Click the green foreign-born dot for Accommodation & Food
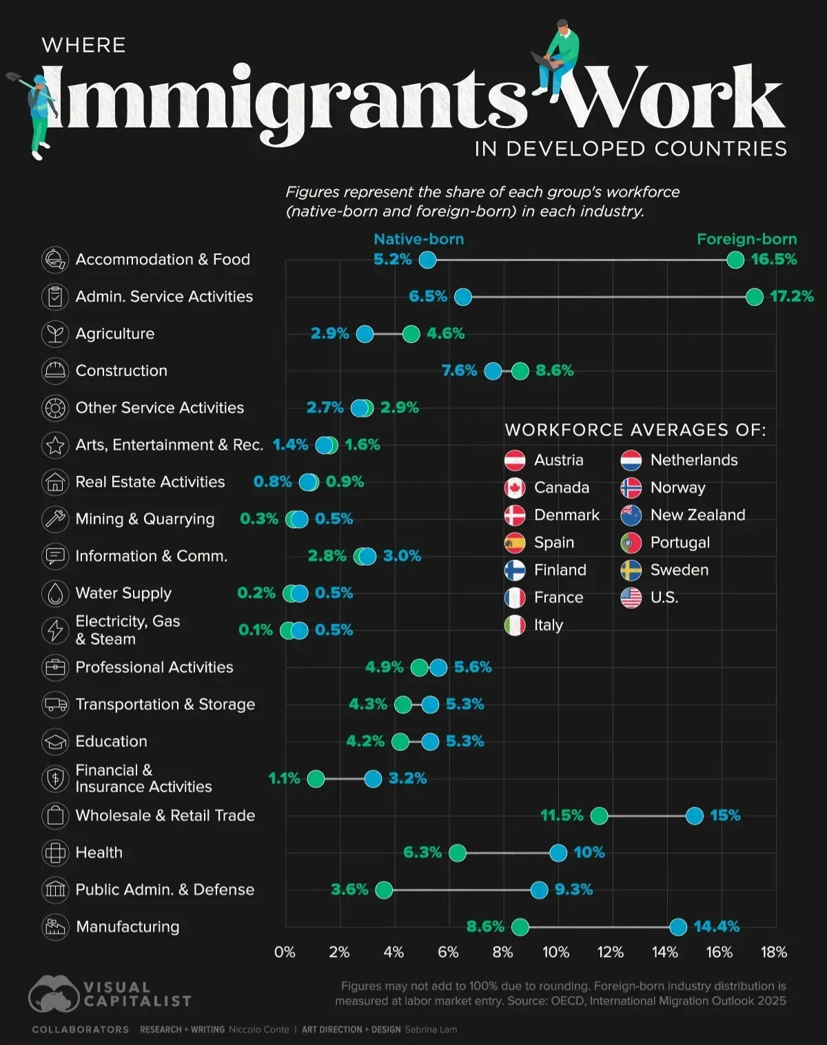[735, 260]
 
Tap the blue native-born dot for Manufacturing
[678, 927]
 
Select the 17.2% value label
[791, 297]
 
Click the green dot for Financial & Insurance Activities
[316, 778]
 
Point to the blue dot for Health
[558, 853]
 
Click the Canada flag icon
[515, 488]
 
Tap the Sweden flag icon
[631, 570]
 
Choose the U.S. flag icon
[631, 598]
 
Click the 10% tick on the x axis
[556, 952]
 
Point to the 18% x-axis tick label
[774, 952]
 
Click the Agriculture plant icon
[54, 334]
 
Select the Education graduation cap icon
[54, 742]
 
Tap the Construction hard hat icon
[54, 371]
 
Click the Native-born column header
[418, 239]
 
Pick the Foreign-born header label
[746, 239]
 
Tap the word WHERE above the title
[83, 45]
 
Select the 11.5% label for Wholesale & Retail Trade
[562, 816]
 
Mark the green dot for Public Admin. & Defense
[384, 890]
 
